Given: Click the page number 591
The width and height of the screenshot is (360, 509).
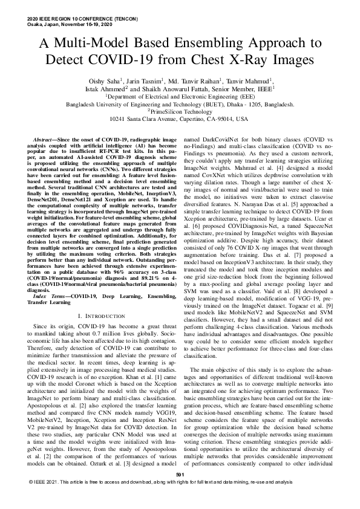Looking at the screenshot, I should click(x=180, y=493).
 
